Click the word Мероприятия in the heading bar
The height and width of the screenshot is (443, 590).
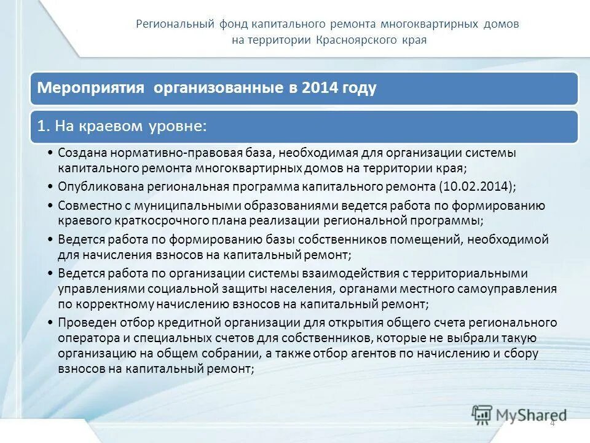[x=90, y=88]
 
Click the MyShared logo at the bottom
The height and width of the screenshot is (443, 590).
[x=519, y=415]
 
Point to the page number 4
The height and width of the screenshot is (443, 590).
[x=552, y=423]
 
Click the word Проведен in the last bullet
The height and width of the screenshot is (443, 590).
[x=83, y=322]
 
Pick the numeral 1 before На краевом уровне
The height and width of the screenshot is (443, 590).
[x=41, y=126]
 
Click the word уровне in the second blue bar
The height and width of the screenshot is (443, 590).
[x=179, y=126]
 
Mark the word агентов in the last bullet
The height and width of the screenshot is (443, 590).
[x=395, y=353]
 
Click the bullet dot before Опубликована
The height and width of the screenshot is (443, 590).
[x=49, y=186]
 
